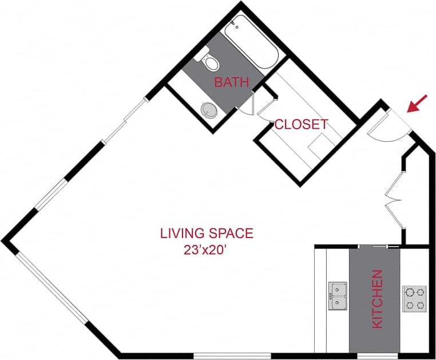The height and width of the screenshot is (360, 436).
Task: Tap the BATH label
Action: (232, 82)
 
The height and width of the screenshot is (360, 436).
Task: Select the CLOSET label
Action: (301, 124)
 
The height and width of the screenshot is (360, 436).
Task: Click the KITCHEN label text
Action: (378, 299)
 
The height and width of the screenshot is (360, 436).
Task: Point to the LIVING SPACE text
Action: (206, 234)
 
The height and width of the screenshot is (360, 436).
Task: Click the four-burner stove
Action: (414, 298)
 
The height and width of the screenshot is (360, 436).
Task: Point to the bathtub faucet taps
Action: (235, 26)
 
